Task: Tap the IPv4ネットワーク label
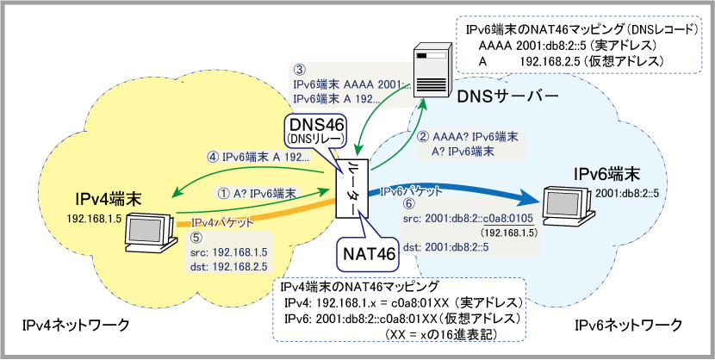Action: pyautogui.click(x=77, y=325)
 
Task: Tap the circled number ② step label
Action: pyautogui.click(x=423, y=135)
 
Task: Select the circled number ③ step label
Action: pyautogui.click(x=299, y=69)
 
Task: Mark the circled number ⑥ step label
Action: pyautogui.click(x=409, y=204)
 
